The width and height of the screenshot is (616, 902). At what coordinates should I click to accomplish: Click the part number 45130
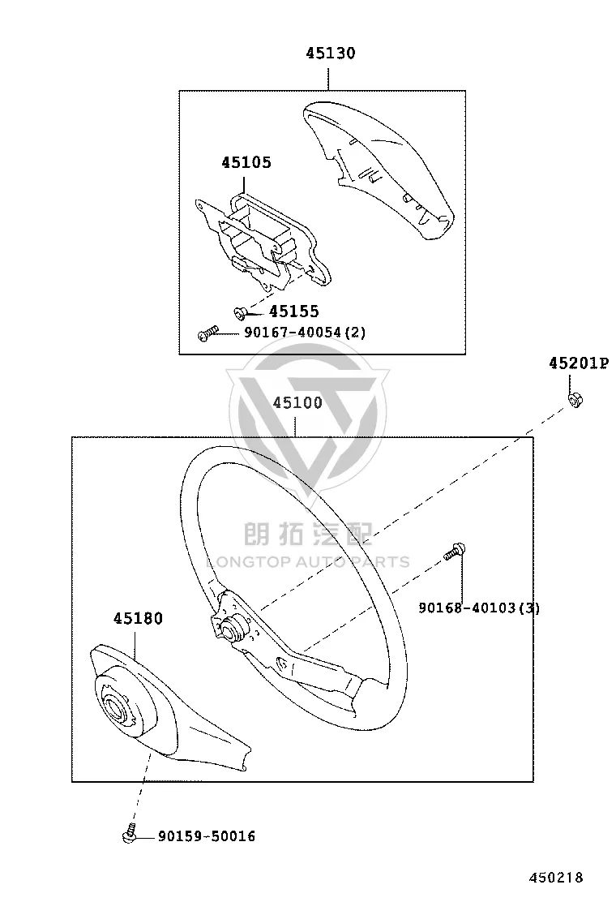tap(331, 54)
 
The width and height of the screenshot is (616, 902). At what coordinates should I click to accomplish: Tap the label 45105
tap(246, 163)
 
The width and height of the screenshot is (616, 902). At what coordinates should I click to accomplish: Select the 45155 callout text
tap(294, 311)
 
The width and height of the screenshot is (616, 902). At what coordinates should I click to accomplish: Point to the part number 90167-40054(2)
tap(305, 333)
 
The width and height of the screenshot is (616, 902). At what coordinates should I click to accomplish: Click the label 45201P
tap(578, 363)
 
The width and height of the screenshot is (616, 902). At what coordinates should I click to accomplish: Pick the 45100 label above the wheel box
tap(297, 402)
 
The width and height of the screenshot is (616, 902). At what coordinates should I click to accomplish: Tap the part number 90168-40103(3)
tap(479, 608)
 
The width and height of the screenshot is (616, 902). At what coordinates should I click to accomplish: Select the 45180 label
tap(138, 619)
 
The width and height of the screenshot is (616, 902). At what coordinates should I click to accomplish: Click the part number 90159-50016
tap(207, 836)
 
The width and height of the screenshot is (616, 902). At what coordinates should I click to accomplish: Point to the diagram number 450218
tap(556, 878)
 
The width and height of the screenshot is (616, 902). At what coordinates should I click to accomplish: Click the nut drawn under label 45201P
tap(575, 399)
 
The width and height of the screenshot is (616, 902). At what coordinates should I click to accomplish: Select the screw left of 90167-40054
tap(207, 333)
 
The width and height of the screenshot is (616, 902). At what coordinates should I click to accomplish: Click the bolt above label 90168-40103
tap(455, 551)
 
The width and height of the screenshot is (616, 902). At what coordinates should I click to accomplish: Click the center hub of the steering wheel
tap(234, 625)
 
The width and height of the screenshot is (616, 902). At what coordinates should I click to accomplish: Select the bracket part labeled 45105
tap(262, 240)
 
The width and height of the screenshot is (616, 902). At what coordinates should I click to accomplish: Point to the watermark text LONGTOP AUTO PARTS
tap(308, 562)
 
